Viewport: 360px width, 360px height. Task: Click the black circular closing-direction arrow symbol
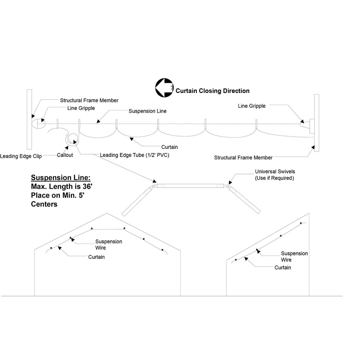point(164,87)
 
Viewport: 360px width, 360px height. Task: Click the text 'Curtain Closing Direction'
point(212,91)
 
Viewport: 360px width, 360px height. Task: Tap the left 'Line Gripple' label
point(81,108)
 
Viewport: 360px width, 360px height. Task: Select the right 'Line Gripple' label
point(252,106)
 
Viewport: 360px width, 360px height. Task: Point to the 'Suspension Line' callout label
point(147,111)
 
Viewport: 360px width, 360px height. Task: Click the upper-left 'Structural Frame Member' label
point(89,100)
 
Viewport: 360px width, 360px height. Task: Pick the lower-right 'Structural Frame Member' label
point(243,158)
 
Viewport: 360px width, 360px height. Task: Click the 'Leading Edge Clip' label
point(21,156)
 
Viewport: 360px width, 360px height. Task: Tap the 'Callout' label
point(65,155)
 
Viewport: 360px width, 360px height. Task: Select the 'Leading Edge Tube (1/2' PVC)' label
point(134,155)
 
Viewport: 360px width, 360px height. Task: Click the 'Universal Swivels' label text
point(275,171)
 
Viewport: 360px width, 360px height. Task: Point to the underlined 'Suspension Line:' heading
point(61,177)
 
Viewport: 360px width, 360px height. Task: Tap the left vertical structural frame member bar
point(29,119)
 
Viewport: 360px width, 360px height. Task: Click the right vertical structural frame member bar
point(316,123)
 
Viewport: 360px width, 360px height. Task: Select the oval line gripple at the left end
point(39,124)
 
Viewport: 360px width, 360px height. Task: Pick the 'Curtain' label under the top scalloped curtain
point(169,147)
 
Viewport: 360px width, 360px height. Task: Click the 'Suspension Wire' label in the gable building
point(109,245)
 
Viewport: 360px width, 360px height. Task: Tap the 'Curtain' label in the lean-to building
point(283,268)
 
